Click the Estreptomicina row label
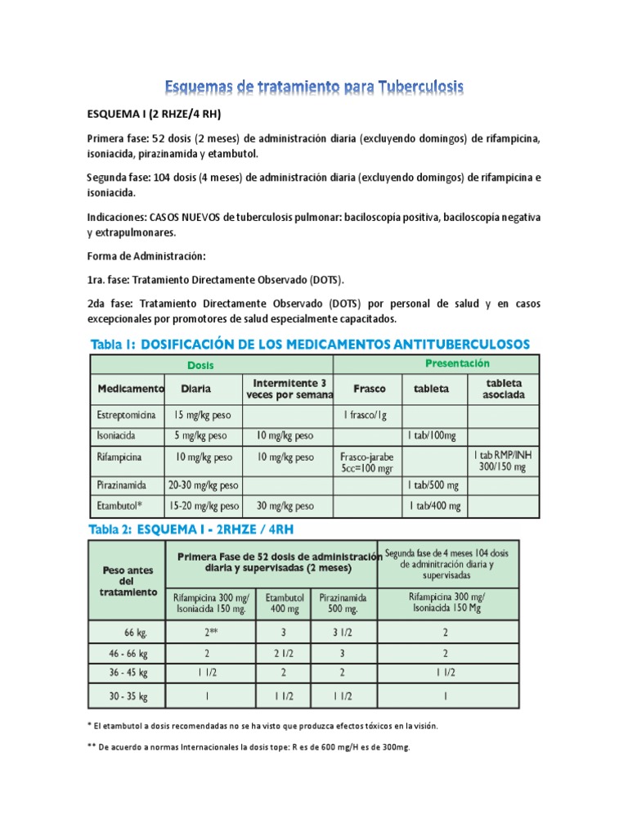[127, 416]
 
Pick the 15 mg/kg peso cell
[203, 416]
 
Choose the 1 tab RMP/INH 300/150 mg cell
[503, 462]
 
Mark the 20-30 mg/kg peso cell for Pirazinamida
[204, 485]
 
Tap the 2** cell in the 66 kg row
[211, 632]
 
